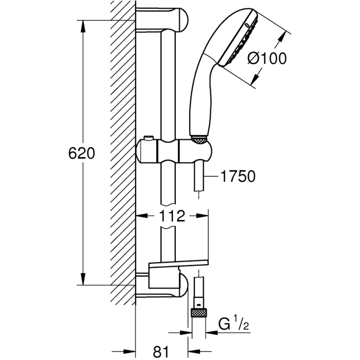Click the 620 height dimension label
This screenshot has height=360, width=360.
tap(81, 154)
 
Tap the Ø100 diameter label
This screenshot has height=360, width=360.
tap(267, 59)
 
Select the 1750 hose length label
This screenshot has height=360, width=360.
tap(238, 176)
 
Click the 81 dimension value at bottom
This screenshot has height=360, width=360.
tap(161, 351)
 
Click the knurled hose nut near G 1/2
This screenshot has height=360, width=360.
tap(198, 314)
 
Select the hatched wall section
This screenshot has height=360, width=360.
tap(122, 147)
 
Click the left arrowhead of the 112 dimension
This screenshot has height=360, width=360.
tap(139, 216)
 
